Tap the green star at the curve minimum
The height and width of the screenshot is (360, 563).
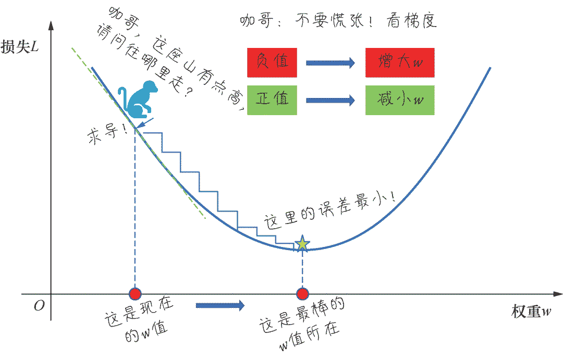pos(302,244)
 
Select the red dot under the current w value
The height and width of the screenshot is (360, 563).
pos(135,294)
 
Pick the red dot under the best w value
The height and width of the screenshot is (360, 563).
pos(302,294)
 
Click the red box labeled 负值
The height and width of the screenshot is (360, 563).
pos(272,63)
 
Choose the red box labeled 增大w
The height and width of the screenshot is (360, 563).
pos(399,63)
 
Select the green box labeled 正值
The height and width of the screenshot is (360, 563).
pos(272,100)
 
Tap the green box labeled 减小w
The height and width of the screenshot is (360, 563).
pos(399,100)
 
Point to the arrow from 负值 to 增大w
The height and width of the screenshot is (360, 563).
pos(331,63)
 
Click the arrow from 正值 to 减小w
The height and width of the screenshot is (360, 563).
pos(331,100)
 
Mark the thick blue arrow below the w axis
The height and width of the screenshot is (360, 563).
pos(220,305)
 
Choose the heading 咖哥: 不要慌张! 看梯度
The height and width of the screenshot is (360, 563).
pos(337,21)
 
